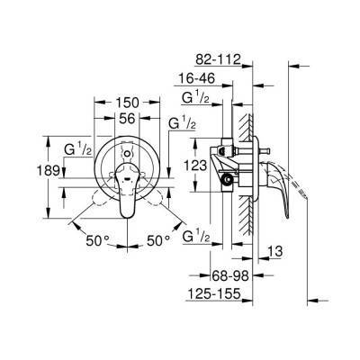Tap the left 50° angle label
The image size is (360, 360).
click(x=99, y=240)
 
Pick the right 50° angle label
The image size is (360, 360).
click(x=159, y=240)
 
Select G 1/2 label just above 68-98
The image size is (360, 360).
click(x=196, y=237)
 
